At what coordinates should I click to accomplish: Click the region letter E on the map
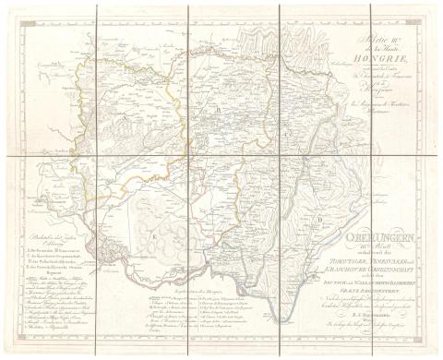(153, 236)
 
